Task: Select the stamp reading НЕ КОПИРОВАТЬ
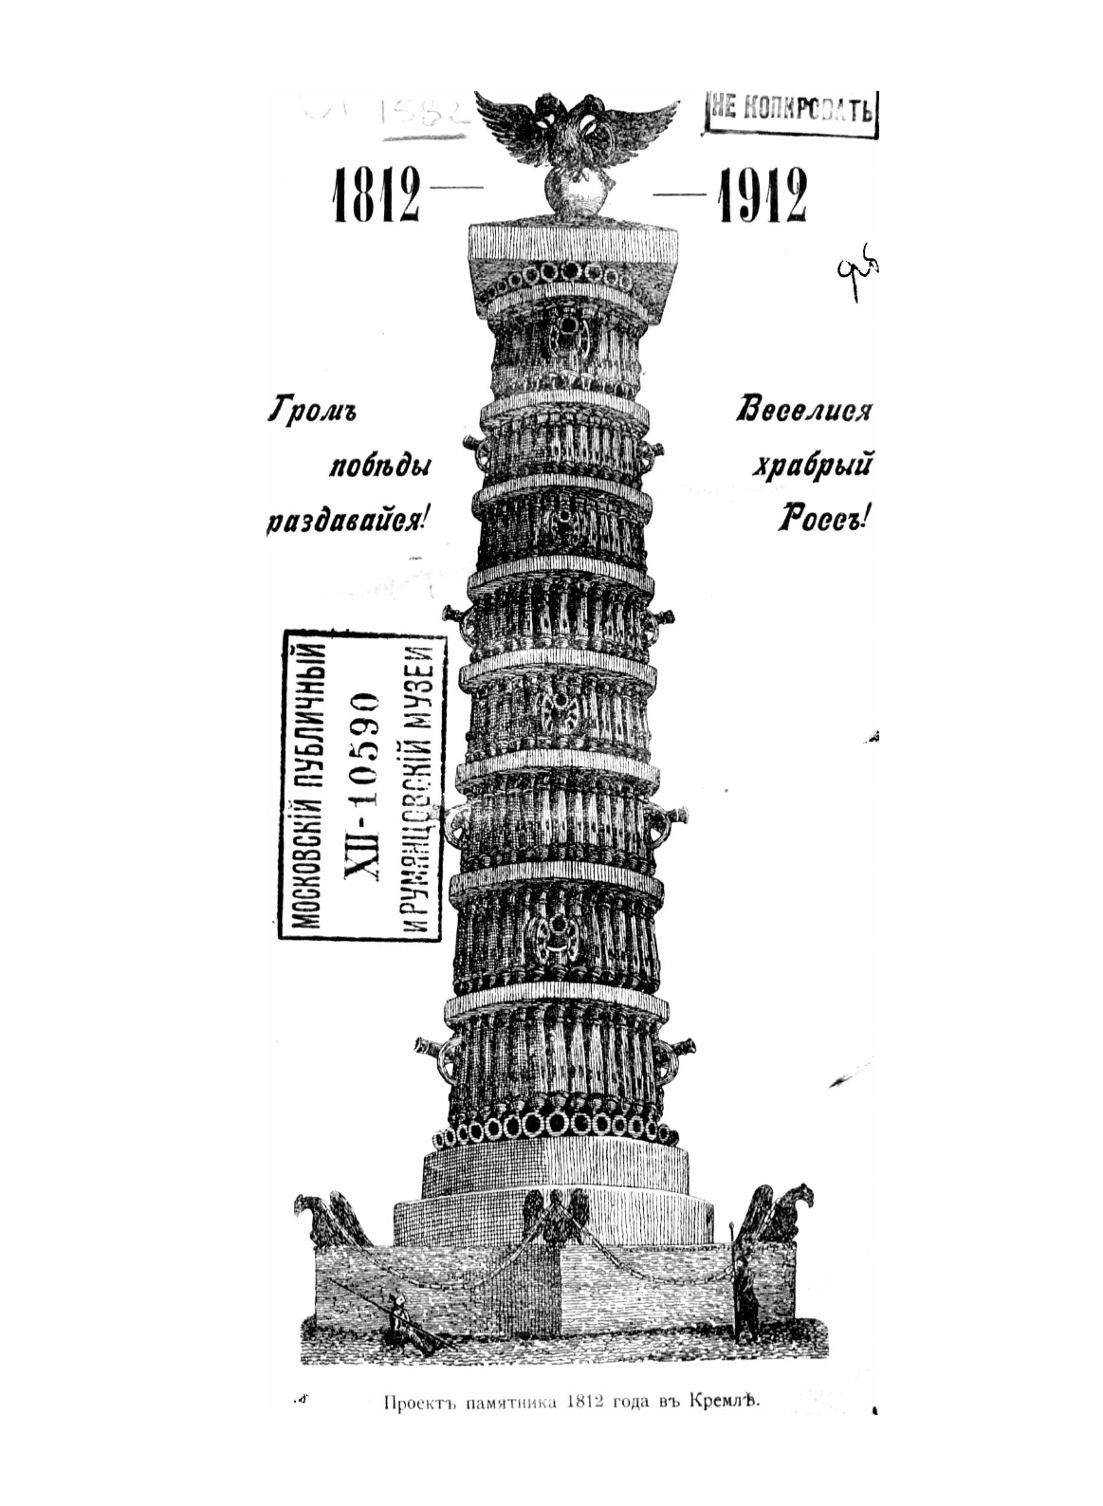(x=792, y=110)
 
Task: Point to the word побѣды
(x=383, y=467)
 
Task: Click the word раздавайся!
(x=349, y=521)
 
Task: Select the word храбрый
(x=813, y=467)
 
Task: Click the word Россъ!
(x=823, y=520)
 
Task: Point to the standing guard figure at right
(x=746, y=1294)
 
